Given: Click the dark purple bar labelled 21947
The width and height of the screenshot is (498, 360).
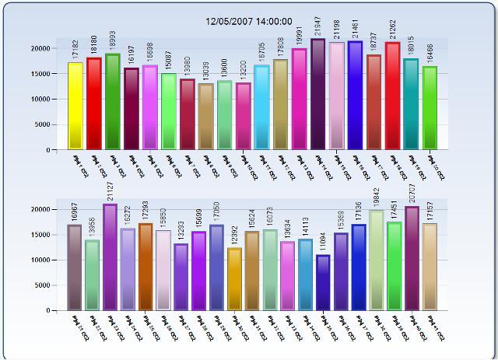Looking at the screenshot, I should pos(318,94).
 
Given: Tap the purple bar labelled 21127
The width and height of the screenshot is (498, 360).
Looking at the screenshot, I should pos(110,257).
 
